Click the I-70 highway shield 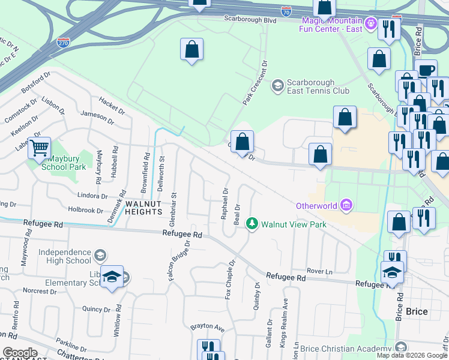coord(286,11)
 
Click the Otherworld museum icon coord(345,206)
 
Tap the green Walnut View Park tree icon coord(253,224)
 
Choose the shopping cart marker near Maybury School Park coord(40,147)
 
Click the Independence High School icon coord(100,256)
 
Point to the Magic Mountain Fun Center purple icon coord(371,24)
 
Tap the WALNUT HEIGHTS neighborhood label coord(143,208)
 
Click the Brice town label coord(417,311)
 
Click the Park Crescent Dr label coord(254,83)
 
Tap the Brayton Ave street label coord(207,328)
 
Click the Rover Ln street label coord(319,271)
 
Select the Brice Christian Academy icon coord(401,347)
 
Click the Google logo coord(20,353)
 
